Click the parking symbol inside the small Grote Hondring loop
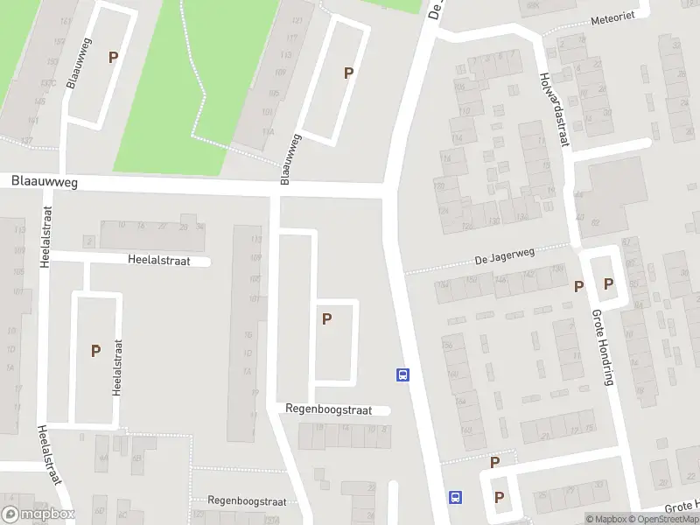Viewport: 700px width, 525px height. pyautogui.click(x=608, y=284)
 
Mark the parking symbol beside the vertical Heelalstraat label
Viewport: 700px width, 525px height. pyautogui.click(x=95, y=351)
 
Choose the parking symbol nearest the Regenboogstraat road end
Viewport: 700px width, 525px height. pyautogui.click(x=326, y=319)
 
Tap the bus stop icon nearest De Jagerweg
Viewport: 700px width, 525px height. pyautogui.click(x=402, y=374)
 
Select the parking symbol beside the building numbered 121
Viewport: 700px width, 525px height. pyautogui.click(x=348, y=73)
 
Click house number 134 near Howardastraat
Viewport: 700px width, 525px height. pyautogui.click(x=522, y=216)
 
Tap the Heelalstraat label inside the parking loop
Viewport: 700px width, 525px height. pyautogui.click(x=116, y=367)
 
